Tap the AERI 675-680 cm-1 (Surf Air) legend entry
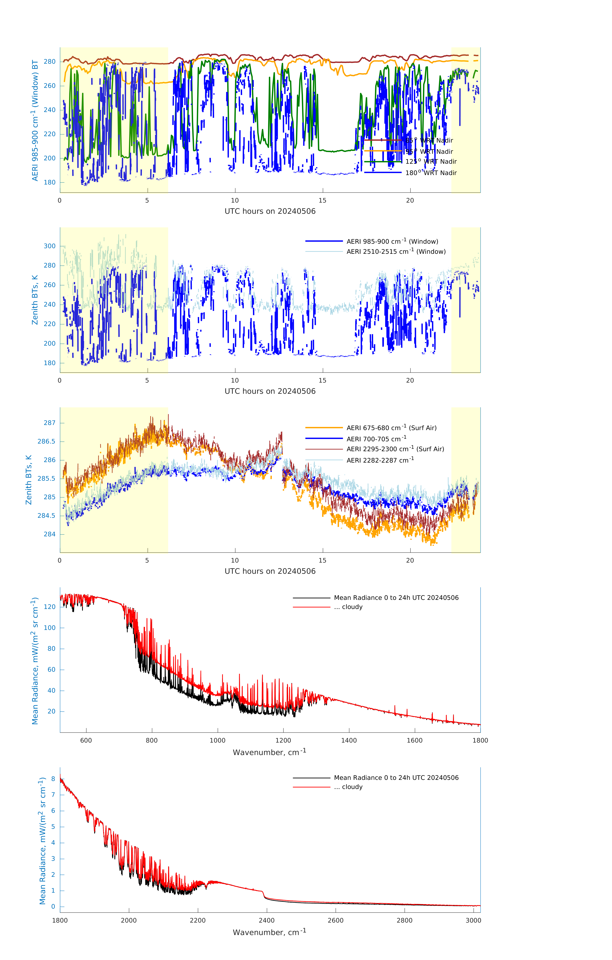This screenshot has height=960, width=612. [x=391, y=428]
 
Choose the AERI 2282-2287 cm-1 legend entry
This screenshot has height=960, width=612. [x=380, y=460]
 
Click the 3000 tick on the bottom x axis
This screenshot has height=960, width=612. [x=473, y=920]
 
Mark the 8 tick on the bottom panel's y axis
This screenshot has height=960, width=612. [x=53, y=779]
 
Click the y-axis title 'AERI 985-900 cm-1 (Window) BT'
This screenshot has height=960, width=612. [x=35, y=120]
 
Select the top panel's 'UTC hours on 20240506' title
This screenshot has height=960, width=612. [x=270, y=211]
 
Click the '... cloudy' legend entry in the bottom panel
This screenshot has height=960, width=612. [x=348, y=787]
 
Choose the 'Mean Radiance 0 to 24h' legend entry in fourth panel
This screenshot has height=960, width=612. [x=396, y=598]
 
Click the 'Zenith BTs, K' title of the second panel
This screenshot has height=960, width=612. [x=35, y=300]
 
